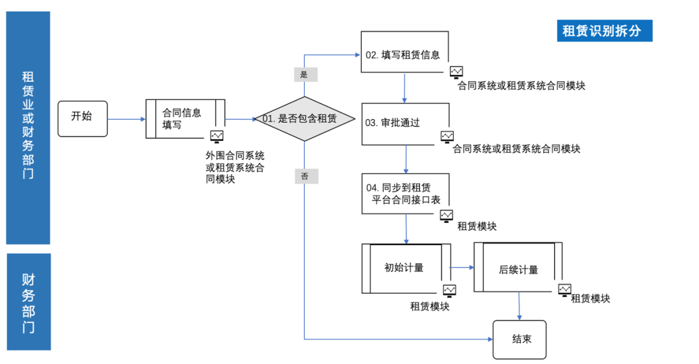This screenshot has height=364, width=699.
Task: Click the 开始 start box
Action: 82,118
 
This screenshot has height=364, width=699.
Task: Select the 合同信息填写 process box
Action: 185,118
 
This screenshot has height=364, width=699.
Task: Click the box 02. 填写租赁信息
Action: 404,55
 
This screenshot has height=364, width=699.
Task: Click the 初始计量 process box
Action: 406,268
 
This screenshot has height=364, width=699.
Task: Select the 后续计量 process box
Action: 518,268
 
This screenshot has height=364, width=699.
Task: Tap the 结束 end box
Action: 519,339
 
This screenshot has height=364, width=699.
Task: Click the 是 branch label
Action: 305,74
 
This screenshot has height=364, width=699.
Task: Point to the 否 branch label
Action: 305,175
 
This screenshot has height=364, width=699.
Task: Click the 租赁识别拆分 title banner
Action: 604,31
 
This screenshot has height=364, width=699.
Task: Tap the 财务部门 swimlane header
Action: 28,302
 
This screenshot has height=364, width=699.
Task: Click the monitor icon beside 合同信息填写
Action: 217,136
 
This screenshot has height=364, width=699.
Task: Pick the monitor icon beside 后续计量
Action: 564,290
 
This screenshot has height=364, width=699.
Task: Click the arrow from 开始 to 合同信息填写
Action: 126,119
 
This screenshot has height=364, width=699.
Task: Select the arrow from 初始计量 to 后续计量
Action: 462,267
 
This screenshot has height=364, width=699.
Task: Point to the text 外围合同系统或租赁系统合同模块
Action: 234,167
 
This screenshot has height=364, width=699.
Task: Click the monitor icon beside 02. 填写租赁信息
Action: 457,72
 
